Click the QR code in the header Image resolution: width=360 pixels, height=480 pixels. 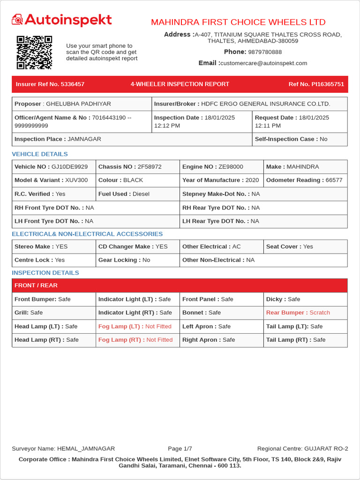[34, 52]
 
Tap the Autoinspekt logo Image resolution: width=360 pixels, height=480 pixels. [62, 20]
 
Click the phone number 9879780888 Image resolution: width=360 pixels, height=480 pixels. [265, 52]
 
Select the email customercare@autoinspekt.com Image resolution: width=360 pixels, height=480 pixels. [263, 63]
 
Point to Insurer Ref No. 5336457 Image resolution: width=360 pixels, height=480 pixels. [50, 84]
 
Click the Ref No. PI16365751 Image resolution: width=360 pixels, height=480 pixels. [316, 84]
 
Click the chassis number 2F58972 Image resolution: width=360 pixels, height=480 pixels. [150, 167]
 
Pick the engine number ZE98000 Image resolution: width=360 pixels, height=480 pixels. [231, 167]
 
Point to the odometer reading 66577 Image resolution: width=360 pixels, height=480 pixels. [334, 180]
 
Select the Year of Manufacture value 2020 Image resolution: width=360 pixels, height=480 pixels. [252, 180]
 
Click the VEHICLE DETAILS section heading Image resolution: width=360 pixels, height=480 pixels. [40, 154]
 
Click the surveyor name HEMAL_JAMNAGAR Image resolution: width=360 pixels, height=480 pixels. [85, 449]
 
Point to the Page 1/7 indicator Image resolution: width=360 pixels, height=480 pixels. [180, 449]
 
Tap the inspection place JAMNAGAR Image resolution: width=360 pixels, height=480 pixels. [84, 139]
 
